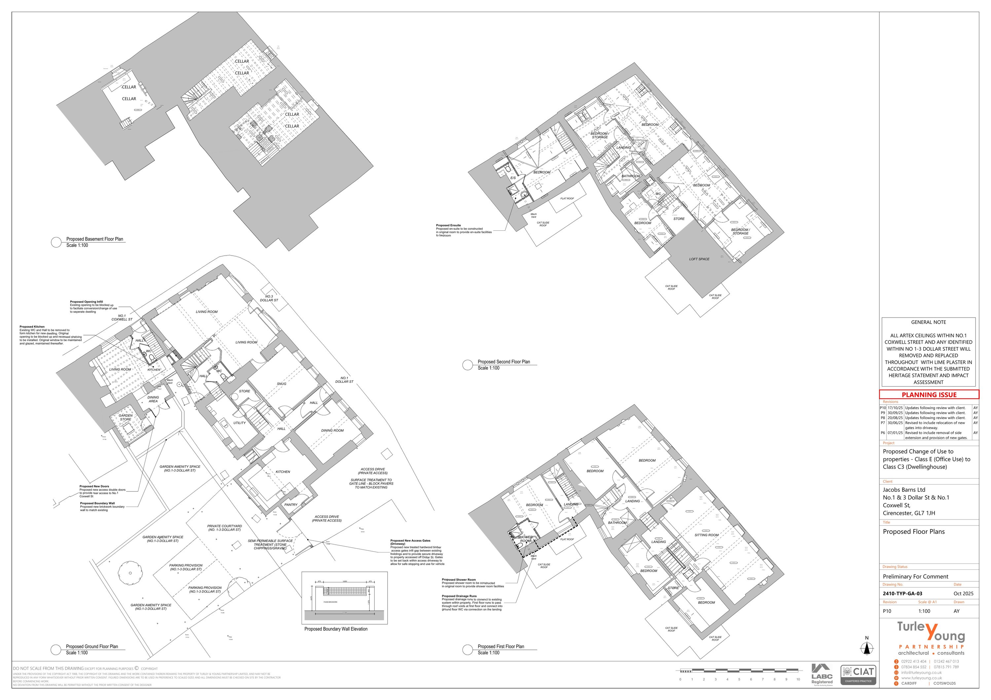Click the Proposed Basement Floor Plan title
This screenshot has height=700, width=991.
pos(94,239)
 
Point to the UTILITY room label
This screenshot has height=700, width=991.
pos(239,423)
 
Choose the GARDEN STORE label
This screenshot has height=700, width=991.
pos(126,417)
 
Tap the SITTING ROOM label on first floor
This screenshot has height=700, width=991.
pos(706,535)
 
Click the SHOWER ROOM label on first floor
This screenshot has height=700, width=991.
pos(525,539)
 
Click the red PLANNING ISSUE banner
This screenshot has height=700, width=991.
pos(929,395)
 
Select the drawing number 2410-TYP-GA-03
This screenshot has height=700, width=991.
pos(902,593)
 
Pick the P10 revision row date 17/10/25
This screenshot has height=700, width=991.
pos(895,408)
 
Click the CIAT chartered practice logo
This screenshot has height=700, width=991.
pos(858,675)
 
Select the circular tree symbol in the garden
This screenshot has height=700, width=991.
pos(130,573)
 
